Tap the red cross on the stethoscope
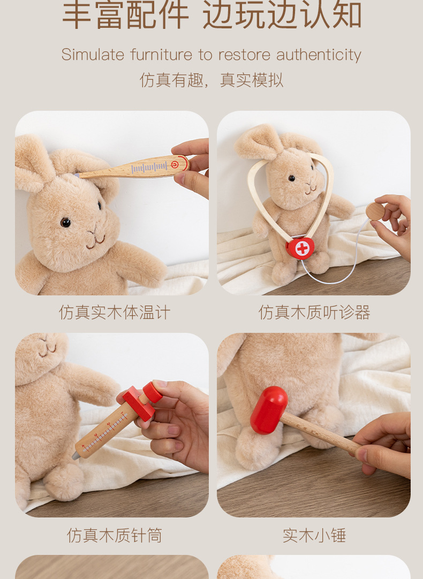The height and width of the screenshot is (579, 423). click(303, 248)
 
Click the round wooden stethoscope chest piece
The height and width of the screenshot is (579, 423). click(375, 211)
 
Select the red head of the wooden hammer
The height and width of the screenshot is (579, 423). click(269, 410)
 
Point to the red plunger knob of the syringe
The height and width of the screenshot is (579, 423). click(153, 392)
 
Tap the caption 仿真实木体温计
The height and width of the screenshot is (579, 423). click(115, 313)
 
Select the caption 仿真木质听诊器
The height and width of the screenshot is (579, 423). click(314, 313)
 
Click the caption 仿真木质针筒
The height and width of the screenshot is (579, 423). click(115, 535)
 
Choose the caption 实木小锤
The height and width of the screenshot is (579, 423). click(314, 535)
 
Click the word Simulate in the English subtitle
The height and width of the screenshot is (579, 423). click(93, 55)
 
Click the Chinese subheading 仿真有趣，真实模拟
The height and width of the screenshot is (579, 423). click(211, 80)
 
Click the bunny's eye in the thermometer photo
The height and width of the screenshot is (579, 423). click(65, 222)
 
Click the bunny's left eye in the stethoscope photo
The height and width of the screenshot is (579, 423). click(291, 178)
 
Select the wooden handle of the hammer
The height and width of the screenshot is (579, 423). click(320, 433)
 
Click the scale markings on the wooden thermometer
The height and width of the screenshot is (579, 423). click(149, 167)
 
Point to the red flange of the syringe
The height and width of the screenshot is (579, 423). click(138, 404)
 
